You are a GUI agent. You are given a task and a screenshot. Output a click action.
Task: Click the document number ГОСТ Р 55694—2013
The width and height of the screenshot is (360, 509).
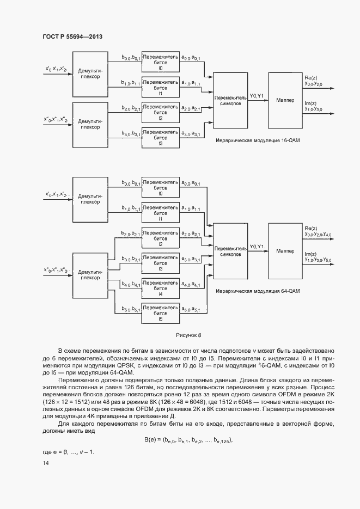(72, 36)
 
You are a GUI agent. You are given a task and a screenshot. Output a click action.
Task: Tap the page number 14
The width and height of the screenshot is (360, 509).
(45, 463)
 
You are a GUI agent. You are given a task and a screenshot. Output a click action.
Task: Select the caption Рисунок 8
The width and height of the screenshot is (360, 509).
(188, 335)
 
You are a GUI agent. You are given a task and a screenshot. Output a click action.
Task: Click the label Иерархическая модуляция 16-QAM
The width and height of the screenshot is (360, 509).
(258, 140)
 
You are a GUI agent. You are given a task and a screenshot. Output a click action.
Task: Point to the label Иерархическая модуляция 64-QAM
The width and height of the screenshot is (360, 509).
(258, 291)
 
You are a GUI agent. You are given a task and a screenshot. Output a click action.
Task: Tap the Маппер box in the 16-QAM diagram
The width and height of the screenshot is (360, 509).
(285, 100)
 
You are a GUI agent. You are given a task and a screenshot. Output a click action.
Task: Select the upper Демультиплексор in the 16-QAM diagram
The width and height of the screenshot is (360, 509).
(90, 74)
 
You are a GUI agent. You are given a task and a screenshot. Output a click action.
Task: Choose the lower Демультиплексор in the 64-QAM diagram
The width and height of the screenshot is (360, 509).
(90, 275)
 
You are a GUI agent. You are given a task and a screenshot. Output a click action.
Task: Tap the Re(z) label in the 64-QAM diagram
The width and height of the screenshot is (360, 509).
(311, 228)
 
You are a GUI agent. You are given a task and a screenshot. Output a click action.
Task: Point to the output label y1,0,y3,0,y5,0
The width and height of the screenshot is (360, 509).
(319, 260)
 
